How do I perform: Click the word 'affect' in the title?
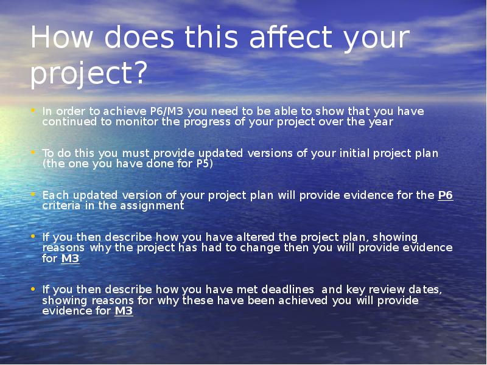291,37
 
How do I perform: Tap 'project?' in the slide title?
88,73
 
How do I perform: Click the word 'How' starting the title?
61,37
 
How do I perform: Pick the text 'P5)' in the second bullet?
205,164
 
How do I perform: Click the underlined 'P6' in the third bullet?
446,195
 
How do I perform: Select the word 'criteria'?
61,206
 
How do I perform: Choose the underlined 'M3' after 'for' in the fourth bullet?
70,259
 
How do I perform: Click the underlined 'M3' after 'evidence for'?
124,311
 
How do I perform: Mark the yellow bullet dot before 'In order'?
33,109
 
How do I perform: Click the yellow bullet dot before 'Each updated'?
33,194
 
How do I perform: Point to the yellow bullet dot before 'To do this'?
33,152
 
